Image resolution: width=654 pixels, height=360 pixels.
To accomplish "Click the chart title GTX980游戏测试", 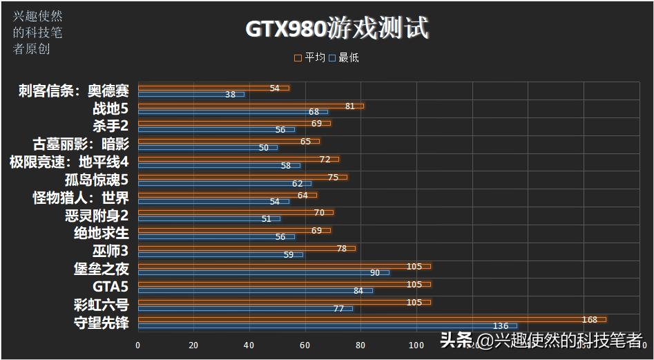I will point(337,29).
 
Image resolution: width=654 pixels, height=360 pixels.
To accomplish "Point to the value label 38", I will point(230,95).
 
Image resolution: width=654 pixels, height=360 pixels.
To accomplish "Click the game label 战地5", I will point(110,108).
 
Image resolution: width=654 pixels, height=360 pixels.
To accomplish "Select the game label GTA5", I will point(110,286).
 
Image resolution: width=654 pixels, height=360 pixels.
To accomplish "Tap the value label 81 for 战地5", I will point(349,106).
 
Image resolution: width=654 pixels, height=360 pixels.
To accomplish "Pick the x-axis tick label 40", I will point(249,345).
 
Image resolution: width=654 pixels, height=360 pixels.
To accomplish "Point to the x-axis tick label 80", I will point(360,345).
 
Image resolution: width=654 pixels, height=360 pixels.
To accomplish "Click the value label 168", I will point(590,319).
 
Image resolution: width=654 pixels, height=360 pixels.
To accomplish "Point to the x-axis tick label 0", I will point(138,345).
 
